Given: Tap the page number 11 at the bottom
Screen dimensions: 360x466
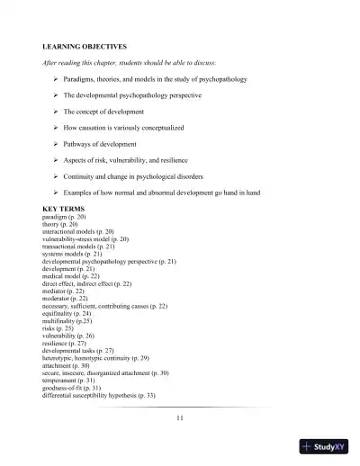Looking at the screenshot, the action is click(x=180, y=417).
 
